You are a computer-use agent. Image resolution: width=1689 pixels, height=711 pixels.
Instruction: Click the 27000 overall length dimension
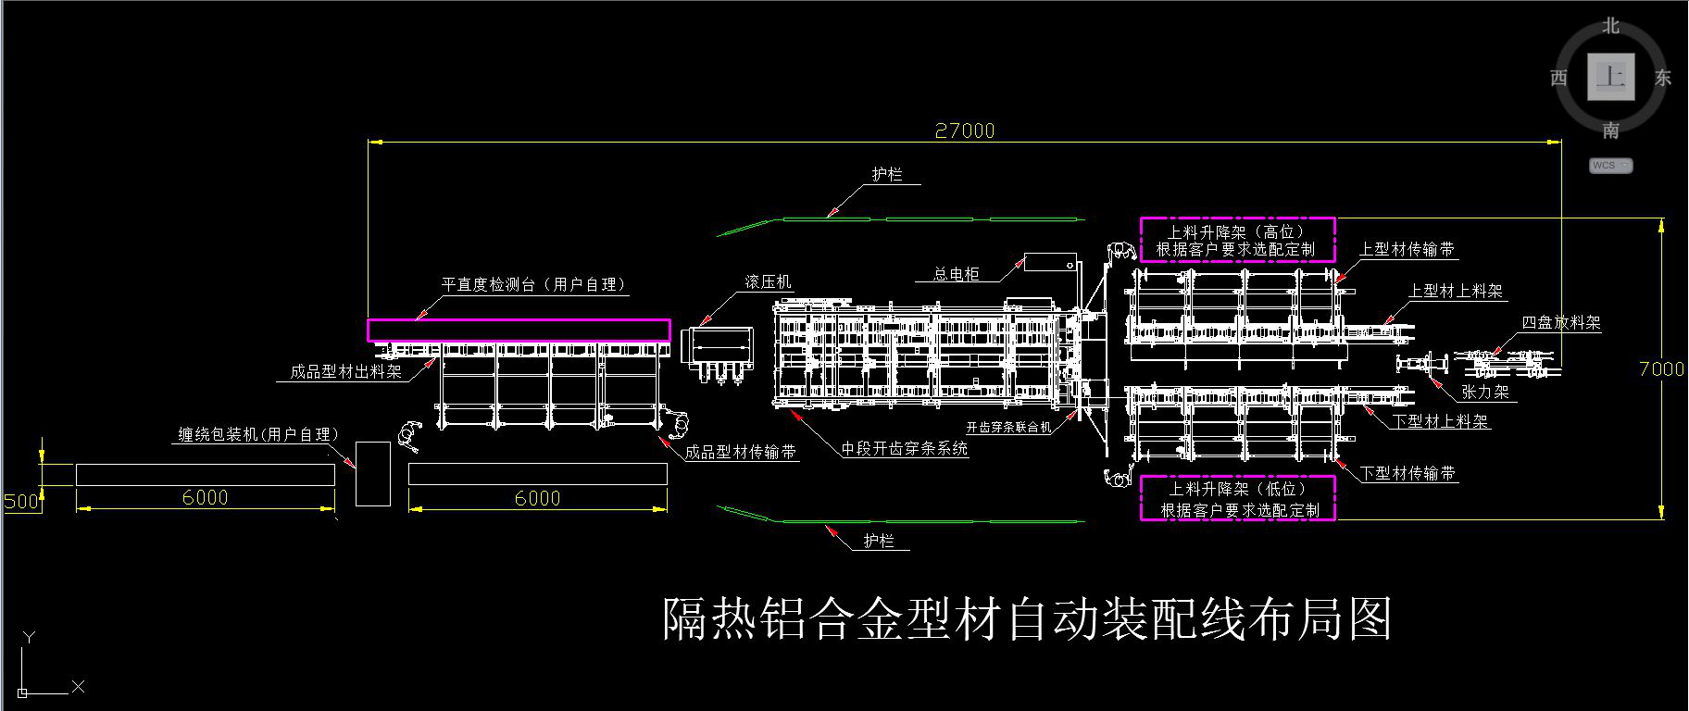tap(964, 131)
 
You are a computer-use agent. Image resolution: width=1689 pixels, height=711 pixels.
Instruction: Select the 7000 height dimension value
tap(1661, 368)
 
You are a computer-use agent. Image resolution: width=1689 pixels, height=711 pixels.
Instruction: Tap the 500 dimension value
tap(20, 502)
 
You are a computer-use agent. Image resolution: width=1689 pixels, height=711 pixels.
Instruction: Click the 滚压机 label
tap(769, 281)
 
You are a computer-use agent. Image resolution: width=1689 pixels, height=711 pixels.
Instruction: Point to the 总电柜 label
tap(956, 273)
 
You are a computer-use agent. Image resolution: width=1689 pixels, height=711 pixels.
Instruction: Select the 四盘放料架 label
tap(1561, 322)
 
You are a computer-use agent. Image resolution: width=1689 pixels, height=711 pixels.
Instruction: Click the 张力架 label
tap(1485, 392)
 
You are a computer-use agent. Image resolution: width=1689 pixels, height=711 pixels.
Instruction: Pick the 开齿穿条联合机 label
tap(1008, 428)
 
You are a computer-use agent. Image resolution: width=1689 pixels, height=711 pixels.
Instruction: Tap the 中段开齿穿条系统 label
tap(904, 449)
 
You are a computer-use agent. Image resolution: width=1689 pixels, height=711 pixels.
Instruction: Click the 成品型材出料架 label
tap(345, 372)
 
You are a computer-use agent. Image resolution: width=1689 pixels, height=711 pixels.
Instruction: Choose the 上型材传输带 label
tap(1407, 249)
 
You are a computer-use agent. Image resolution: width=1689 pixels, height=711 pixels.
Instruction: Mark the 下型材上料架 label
tap(1441, 421)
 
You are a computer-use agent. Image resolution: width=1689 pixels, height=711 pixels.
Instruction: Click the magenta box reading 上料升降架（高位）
tap(1236, 241)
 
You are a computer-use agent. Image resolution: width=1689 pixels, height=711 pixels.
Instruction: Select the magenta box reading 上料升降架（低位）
tap(1237, 499)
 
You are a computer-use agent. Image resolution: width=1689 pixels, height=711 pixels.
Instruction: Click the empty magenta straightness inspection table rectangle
tap(519, 331)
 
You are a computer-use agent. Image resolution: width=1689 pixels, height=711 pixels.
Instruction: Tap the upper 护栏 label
tap(886, 174)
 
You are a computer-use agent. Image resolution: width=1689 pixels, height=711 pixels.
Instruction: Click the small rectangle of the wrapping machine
tap(373, 474)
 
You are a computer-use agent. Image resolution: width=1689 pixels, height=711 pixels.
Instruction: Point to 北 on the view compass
tap(1611, 26)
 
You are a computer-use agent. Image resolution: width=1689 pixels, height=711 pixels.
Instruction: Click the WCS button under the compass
tap(1610, 166)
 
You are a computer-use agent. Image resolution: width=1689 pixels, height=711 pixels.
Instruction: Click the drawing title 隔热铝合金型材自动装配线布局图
tap(1027, 618)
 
